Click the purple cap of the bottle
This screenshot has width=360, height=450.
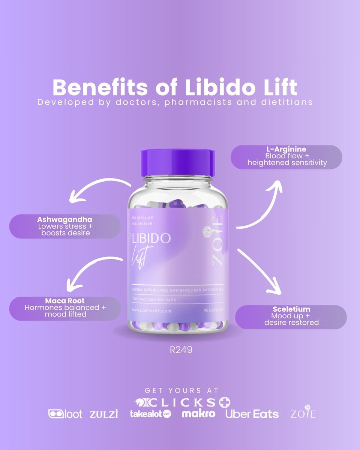click(x=177, y=162)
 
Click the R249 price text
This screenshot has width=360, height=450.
click(x=181, y=350)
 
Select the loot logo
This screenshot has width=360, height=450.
click(x=65, y=414)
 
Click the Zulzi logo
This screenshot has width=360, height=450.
click(x=104, y=414)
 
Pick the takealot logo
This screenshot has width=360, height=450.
click(x=150, y=414)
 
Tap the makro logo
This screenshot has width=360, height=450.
click(x=198, y=414)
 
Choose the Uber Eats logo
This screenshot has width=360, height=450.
click(x=252, y=414)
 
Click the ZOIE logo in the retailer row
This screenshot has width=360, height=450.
click(x=303, y=413)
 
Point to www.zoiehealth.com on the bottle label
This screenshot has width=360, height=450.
click(x=151, y=310)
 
